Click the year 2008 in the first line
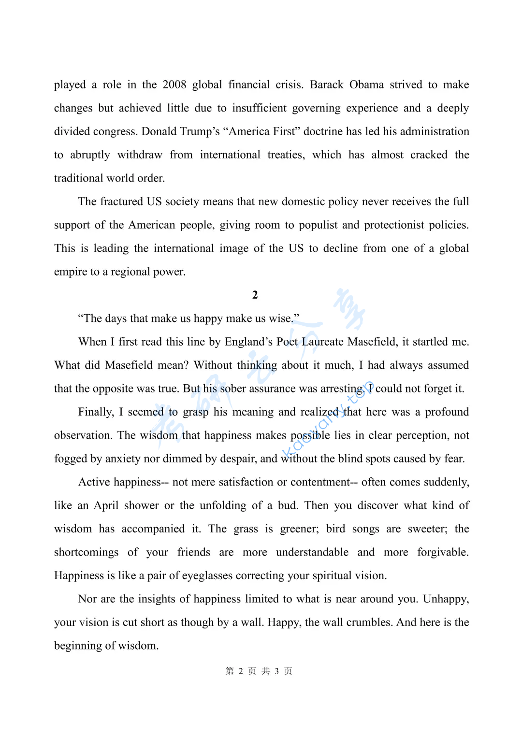pos(174,85)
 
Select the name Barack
pos(327,85)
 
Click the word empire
pos(71,272)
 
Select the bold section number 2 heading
pos(255,295)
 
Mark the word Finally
pos(96,412)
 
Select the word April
pos(106,506)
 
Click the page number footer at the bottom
pos(259,671)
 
